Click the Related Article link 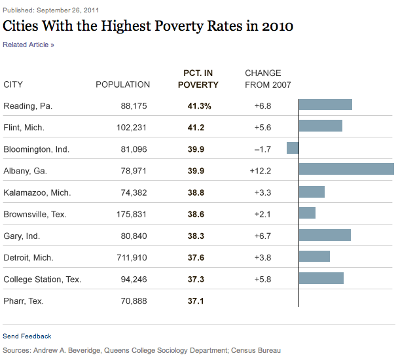tap(28, 45)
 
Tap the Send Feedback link tap(27, 336)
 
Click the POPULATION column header tap(122, 84)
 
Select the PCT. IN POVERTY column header tap(198, 79)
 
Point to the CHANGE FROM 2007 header tap(268, 79)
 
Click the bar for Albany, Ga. tap(346, 170)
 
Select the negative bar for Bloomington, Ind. tap(293, 148)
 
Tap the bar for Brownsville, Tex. tap(307, 213)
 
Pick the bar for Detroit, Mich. tap(314, 256)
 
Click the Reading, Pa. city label tap(27, 105)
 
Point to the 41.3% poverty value tap(199, 105)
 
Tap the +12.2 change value tap(260, 171)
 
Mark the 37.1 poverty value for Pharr tap(196, 300)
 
